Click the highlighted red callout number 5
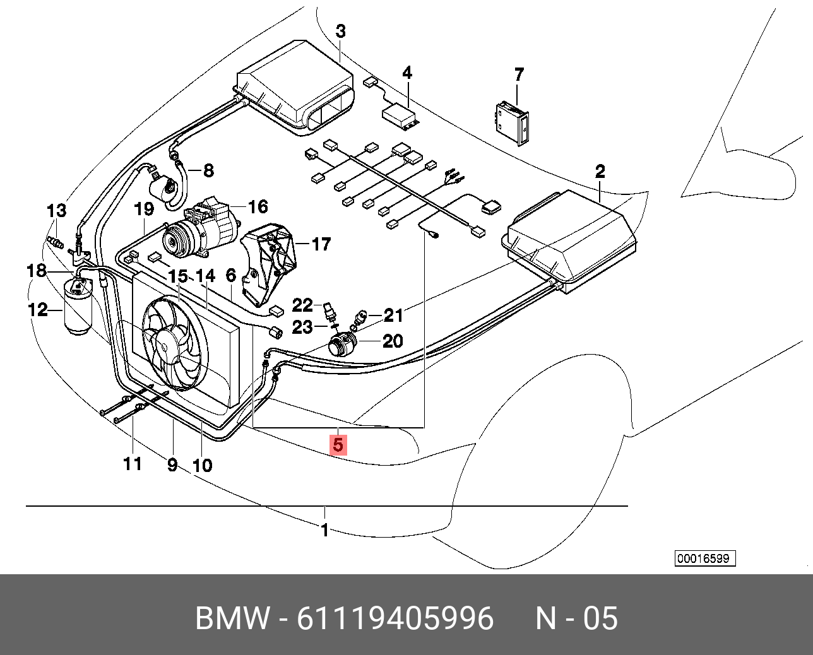338,444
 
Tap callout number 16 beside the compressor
258,206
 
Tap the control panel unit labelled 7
511,123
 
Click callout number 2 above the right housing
600,171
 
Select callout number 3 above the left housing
340,31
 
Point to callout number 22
302,305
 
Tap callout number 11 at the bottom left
133,464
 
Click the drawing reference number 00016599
706,558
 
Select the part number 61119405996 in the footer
395,618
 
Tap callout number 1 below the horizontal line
324,530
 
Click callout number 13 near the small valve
56,210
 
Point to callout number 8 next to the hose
208,170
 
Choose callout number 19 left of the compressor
144,209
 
